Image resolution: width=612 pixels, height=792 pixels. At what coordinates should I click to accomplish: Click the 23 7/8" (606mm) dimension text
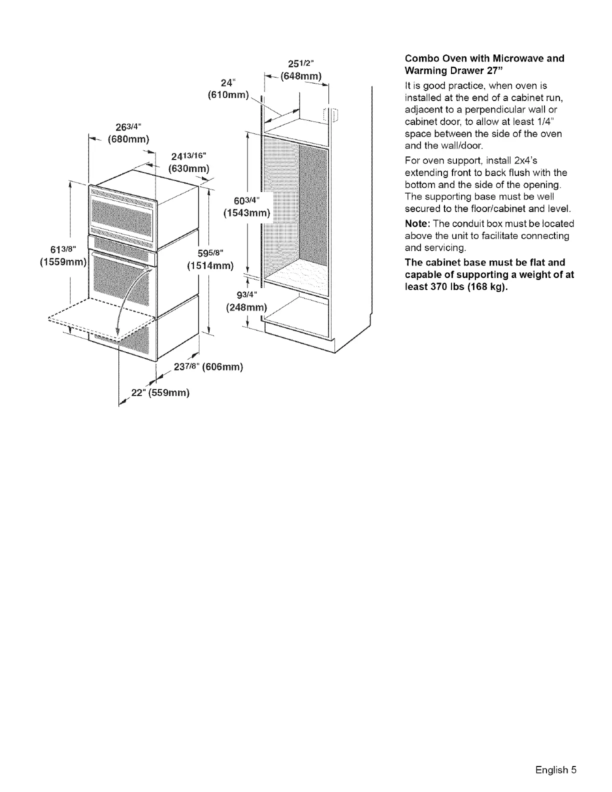pos(207,367)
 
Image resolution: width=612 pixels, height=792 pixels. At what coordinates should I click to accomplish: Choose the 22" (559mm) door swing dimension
pos(160,392)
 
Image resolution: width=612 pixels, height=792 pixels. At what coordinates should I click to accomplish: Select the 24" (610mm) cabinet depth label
pos(228,89)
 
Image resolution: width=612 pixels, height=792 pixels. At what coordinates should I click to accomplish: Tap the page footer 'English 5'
pos(555,769)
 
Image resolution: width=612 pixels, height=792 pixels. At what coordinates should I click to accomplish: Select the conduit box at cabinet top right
pos(331,114)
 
